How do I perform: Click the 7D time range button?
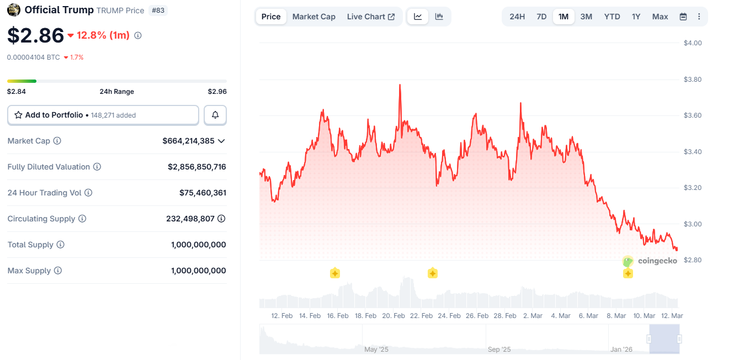(541, 17)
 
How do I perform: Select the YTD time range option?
(612, 17)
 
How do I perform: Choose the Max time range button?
(660, 17)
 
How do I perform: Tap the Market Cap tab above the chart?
(313, 17)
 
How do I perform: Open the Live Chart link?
(370, 17)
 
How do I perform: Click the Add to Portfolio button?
(103, 115)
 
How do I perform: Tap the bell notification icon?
(215, 115)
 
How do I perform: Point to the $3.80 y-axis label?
(693, 80)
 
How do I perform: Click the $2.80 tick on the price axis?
(693, 260)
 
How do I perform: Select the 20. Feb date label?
(394, 316)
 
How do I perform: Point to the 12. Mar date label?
(672, 316)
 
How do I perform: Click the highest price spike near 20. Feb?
(400, 85)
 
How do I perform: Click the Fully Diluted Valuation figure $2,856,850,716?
(197, 167)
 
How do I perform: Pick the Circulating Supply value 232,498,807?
(190, 219)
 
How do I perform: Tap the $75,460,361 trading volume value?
(203, 193)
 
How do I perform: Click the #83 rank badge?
(158, 10)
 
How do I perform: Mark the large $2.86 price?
(36, 35)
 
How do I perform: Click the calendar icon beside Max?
(683, 17)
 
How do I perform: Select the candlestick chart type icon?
(439, 17)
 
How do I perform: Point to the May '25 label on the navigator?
(376, 350)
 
